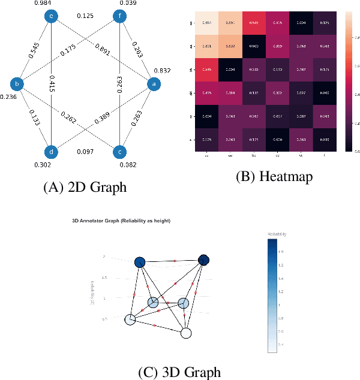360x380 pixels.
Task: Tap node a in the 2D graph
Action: [x=153, y=85]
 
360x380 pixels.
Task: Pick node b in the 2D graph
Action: [x=18, y=85]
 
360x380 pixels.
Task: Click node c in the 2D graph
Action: [x=118, y=152]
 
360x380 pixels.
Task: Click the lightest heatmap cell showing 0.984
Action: [x=206, y=23]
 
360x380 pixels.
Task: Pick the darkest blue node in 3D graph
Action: [x=204, y=260]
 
